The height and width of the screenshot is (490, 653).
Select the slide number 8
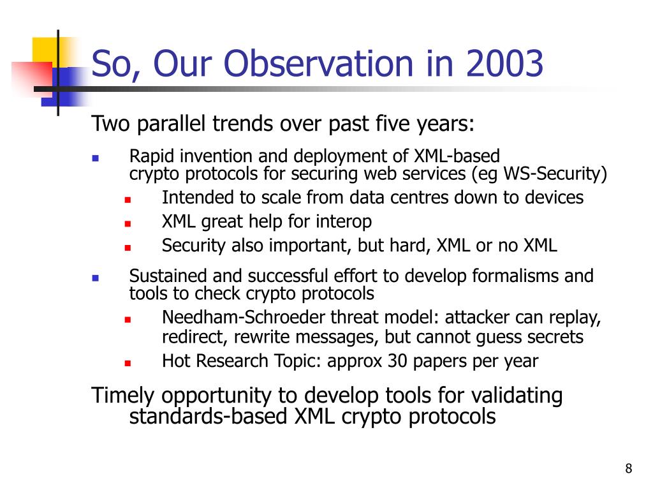pyautogui.click(x=628, y=468)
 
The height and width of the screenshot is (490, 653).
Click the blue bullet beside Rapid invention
pyautogui.click(x=96, y=158)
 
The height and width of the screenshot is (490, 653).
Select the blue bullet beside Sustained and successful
pyautogui.click(x=96, y=278)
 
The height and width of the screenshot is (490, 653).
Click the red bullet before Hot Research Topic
pyautogui.click(x=128, y=363)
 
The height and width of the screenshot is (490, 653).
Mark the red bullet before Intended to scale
pyautogui.click(x=128, y=200)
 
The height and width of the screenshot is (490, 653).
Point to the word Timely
pyautogui.click(x=122, y=396)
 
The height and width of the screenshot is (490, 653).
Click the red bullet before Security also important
pyautogui.click(x=128, y=248)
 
